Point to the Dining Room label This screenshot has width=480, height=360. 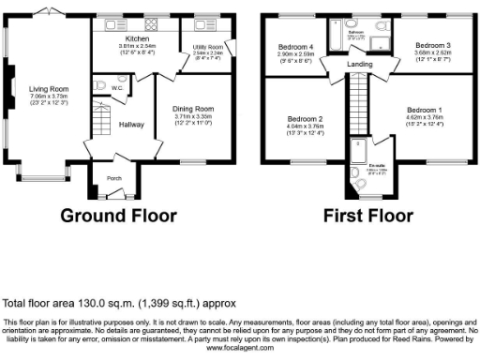pyautogui.click(x=195, y=108)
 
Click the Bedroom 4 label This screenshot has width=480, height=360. pyautogui.click(x=295, y=47)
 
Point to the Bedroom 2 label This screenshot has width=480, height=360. pyautogui.click(x=306, y=119)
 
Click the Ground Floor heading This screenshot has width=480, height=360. pyautogui.click(x=119, y=215)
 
